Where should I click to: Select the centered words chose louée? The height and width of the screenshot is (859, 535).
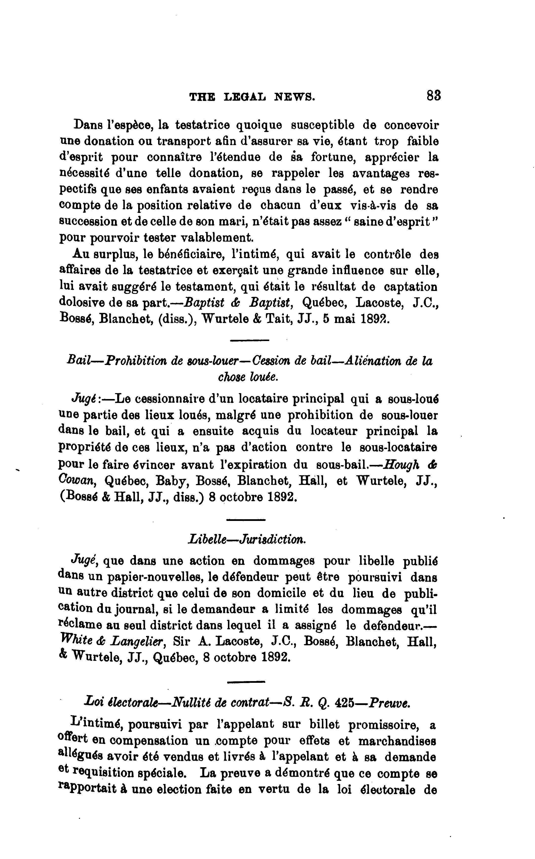point(248,377)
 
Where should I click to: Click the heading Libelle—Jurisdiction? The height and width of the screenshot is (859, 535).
point(247,539)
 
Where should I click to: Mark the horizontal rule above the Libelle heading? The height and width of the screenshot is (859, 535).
point(246,520)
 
